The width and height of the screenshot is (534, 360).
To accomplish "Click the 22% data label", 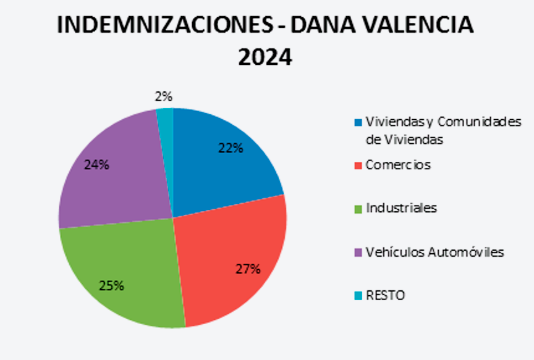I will pyautogui.click(x=230, y=148).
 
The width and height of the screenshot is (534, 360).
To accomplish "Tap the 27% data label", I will pyautogui.click(x=248, y=269).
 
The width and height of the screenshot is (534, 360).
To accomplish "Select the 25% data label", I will pyautogui.click(x=112, y=285).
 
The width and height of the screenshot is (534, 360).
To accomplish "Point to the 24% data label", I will pyautogui.click(x=96, y=165).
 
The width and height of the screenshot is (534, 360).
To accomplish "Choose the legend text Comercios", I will pyautogui.click(x=398, y=165).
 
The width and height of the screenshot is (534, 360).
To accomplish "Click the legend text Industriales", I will pyautogui.click(x=401, y=208).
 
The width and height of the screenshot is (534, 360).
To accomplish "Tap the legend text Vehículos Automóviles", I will pyautogui.click(x=434, y=252).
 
